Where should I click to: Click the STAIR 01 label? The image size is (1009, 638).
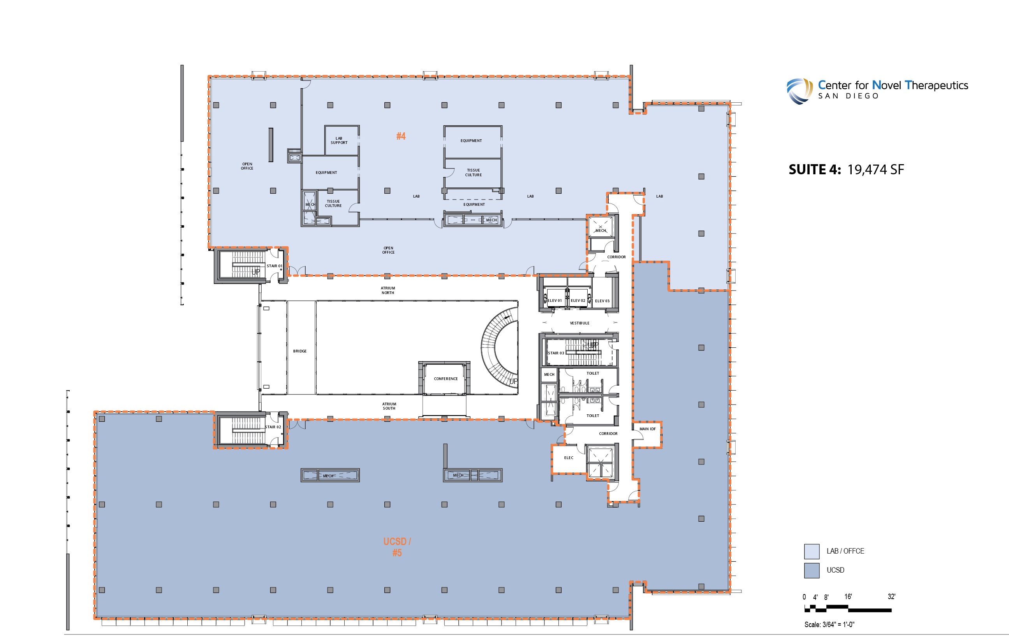[x=275, y=266]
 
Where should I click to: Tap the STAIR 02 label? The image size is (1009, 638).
[x=273, y=427]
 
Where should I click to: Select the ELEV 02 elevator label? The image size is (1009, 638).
[x=578, y=301]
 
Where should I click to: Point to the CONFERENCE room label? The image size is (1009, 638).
[x=446, y=379]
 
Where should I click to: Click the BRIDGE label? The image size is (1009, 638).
[x=299, y=351]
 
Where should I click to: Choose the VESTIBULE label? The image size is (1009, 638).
[x=579, y=323]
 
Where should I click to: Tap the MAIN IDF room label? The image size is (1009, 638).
[x=647, y=429]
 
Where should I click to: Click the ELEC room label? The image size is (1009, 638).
[x=569, y=458]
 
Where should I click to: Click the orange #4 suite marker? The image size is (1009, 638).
[x=401, y=136]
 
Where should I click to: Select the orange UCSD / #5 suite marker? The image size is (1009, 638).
[x=397, y=547]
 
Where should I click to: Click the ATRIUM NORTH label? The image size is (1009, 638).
[x=388, y=291]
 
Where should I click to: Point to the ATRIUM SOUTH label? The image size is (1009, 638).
[x=389, y=406]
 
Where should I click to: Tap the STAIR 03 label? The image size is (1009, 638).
[x=556, y=353]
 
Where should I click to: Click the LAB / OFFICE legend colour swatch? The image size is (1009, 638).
[x=812, y=551]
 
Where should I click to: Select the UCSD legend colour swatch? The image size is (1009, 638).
[x=812, y=571]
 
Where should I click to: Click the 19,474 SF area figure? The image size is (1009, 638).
[x=876, y=170]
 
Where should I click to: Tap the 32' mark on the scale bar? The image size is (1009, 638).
[x=891, y=596]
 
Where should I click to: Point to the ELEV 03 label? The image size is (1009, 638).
[x=602, y=301]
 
